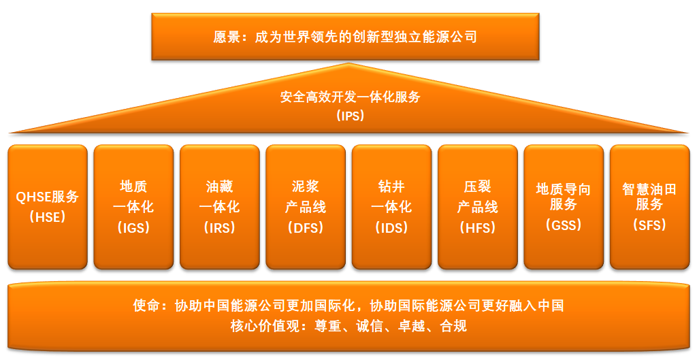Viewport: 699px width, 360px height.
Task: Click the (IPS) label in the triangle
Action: pyautogui.click(x=351, y=116)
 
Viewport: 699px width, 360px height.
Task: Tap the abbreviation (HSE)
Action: pyautogui.click(x=48, y=217)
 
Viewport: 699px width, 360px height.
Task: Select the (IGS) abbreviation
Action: pyautogui.click(x=133, y=228)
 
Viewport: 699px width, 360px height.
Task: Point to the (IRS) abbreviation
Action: pyautogui.click(x=219, y=228)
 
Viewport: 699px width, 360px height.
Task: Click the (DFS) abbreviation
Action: pyautogui.click(x=306, y=228)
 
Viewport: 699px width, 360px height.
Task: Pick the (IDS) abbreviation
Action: pyautogui.click(x=391, y=228)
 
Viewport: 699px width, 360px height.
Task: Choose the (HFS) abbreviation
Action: pyautogui.click(x=477, y=228)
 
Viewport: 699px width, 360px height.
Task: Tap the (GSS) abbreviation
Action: pyautogui.click(x=564, y=225)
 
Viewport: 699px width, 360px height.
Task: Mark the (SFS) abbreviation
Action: pyautogui.click(x=649, y=225)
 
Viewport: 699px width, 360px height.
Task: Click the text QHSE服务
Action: pyautogui.click(x=48, y=197)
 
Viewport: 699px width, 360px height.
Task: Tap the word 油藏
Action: pyautogui.click(x=219, y=186)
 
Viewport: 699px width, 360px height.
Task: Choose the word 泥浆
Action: pyautogui.click(x=306, y=186)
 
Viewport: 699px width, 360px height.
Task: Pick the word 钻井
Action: pyautogui.click(x=391, y=186)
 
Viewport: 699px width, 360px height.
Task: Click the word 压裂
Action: pyautogui.click(x=477, y=186)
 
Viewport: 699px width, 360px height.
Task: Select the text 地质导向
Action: pyautogui.click(x=564, y=189)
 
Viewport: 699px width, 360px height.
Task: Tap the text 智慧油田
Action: pyautogui.click(x=649, y=189)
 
